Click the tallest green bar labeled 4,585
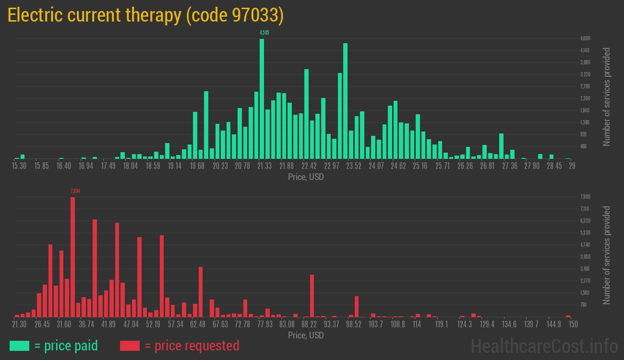tap(262, 98)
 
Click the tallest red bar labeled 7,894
tap(73, 257)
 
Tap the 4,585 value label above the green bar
tap(264, 33)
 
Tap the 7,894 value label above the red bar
tap(75, 191)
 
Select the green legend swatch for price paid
tap(19, 346)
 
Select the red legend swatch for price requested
tap(130, 346)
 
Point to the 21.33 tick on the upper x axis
tap(264, 166)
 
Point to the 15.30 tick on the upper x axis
tap(19, 166)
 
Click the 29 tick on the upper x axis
tap(572, 166)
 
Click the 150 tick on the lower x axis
tap(573, 324)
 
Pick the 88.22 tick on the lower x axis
tap(309, 324)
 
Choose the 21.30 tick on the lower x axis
tap(20, 324)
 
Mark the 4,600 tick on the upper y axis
tap(585, 38)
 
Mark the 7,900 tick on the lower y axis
tap(585, 197)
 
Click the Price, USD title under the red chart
tap(306, 335)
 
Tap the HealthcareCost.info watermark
tap(544, 346)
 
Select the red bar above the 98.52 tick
tap(357, 306)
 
